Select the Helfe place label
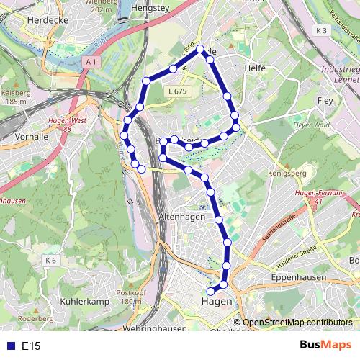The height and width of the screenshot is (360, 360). click(x=255, y=68)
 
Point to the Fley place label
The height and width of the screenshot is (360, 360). click(x=325, y=102)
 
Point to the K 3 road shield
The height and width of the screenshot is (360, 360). click(x=320, y=30)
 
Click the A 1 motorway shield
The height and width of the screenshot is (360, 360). click(x=91, y=63)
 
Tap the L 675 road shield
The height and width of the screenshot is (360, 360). click(x=176, y=91)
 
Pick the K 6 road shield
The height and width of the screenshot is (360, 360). click(x=50, y=260)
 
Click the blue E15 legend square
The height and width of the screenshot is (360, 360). click(x=9, y=346)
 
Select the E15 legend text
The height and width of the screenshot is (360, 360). click(x=31, y=346)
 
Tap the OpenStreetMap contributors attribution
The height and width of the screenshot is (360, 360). click(x=297, y=323)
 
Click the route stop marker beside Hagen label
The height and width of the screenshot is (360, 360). click(x=211, y=291)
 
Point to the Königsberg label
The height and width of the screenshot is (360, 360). click(x=287, y=173)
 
